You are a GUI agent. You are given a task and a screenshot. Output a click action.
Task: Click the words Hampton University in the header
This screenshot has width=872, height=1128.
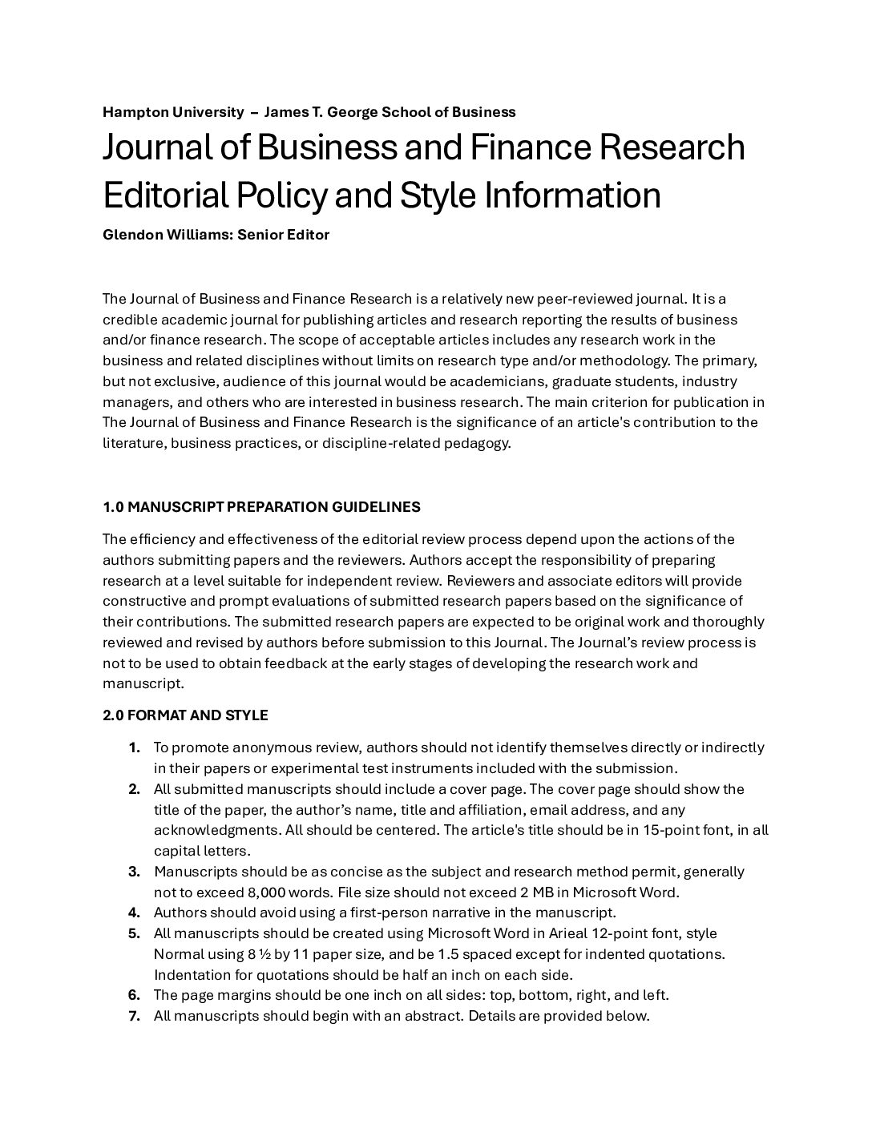click(172, 112)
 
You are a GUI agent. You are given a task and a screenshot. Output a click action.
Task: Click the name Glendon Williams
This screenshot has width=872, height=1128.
click(167, 235)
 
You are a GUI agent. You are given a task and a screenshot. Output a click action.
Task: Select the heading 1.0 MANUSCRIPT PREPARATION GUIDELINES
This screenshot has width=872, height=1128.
click(261, 507)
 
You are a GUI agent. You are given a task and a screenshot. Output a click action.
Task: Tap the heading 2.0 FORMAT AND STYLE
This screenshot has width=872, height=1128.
click(185, 715)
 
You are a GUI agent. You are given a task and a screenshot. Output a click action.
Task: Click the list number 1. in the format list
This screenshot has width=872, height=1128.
click(135, 747)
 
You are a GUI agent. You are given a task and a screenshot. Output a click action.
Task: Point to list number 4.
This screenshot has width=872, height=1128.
click(135, 912)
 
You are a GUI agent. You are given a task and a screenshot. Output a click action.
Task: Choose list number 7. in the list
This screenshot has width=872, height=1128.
click(135, 1017)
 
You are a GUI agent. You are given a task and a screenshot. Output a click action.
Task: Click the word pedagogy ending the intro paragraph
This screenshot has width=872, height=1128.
click(478, 443)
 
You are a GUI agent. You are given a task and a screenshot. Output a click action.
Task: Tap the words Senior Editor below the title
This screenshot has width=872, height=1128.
click(284, 235)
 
